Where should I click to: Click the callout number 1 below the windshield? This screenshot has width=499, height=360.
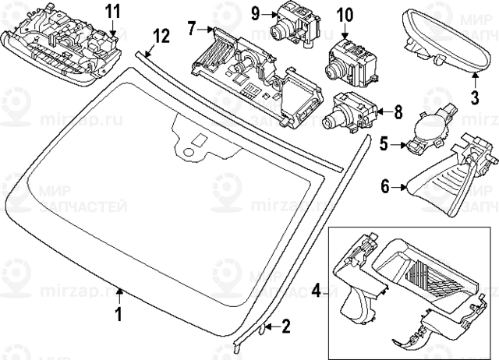(x=119, y=314)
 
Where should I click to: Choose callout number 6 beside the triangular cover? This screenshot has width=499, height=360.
(x=384, y=186)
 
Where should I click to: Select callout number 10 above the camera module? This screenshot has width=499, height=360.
(x=344, y=15)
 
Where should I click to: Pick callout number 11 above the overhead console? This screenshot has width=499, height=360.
(x=114, y=10)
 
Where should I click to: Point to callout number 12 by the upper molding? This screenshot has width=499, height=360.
(x=161, y=36)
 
